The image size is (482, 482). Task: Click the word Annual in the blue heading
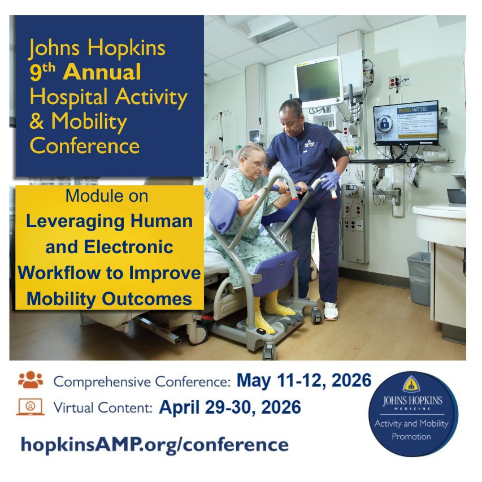pyautogui.click(x=102, y=73)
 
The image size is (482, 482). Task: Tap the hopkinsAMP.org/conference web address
pyautogui.click(x=154, y=444)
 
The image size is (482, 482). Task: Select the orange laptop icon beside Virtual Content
pyautogui.click(x=31, y=407)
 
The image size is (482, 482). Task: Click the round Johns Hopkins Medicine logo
pyautogui.click(x=413, y=414)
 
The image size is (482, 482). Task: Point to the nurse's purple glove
pyautogui.click(x=329, y=180)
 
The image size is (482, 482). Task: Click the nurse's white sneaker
pyautogui.click(x=331, y=310)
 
